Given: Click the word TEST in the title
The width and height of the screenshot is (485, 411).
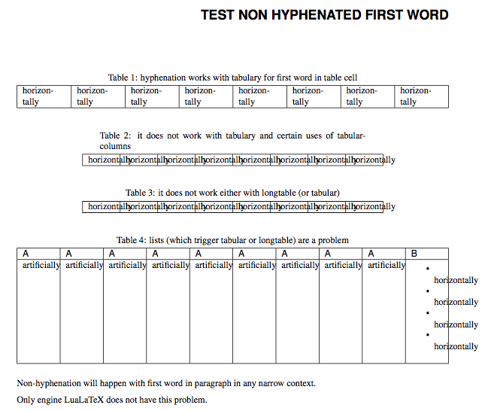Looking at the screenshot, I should coord(217,15).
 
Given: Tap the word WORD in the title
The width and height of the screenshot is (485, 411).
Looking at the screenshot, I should coord(426,15).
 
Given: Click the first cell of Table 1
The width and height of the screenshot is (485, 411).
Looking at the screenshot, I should coord(44,96).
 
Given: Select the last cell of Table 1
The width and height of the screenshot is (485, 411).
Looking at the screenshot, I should coord(421,96).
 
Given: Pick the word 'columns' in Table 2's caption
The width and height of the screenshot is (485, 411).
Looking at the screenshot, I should coord(115,146).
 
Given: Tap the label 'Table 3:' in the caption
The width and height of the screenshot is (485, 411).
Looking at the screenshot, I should coord(141,193).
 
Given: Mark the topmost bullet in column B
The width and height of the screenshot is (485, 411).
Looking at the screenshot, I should coord(427,268).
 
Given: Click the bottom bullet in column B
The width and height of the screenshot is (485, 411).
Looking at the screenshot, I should coord(427,335).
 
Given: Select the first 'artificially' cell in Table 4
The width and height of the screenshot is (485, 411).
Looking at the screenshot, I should coord(41,265).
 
